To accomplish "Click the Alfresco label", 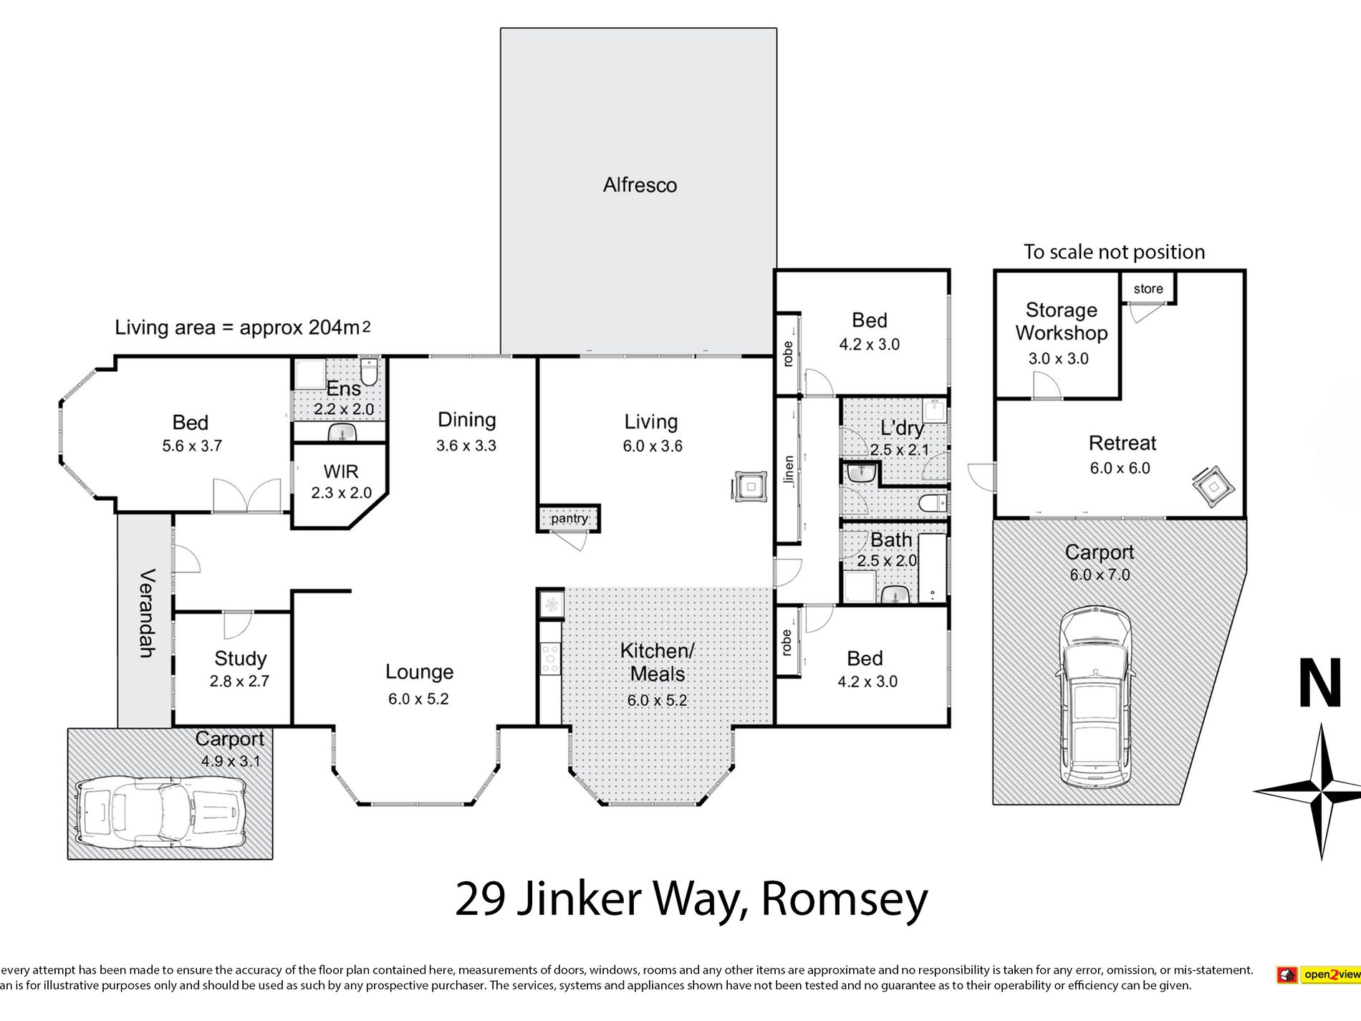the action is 640,185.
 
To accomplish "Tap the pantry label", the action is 569,518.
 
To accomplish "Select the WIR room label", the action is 341,471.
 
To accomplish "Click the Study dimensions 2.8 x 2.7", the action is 239,681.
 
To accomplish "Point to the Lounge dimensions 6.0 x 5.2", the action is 418,699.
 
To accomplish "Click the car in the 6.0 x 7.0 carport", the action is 1095,696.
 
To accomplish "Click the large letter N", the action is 1320,684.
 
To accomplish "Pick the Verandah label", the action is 145,613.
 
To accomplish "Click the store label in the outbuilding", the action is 1148,289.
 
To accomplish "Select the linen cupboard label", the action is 789,470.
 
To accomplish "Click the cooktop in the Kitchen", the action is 550,658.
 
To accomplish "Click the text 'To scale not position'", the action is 1114,252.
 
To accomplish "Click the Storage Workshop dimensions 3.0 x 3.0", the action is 1058,358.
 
